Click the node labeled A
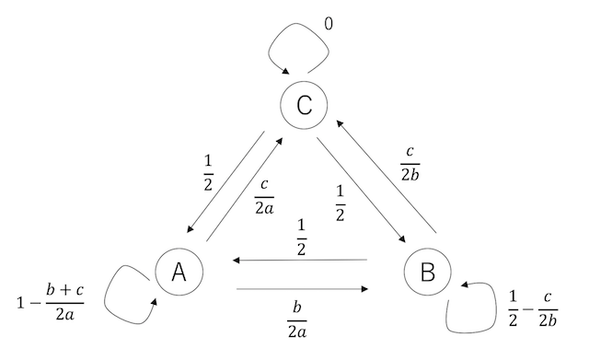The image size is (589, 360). pos(179,272)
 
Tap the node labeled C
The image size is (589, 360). pos(304,106)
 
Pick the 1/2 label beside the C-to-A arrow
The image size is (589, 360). pos(209,168)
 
